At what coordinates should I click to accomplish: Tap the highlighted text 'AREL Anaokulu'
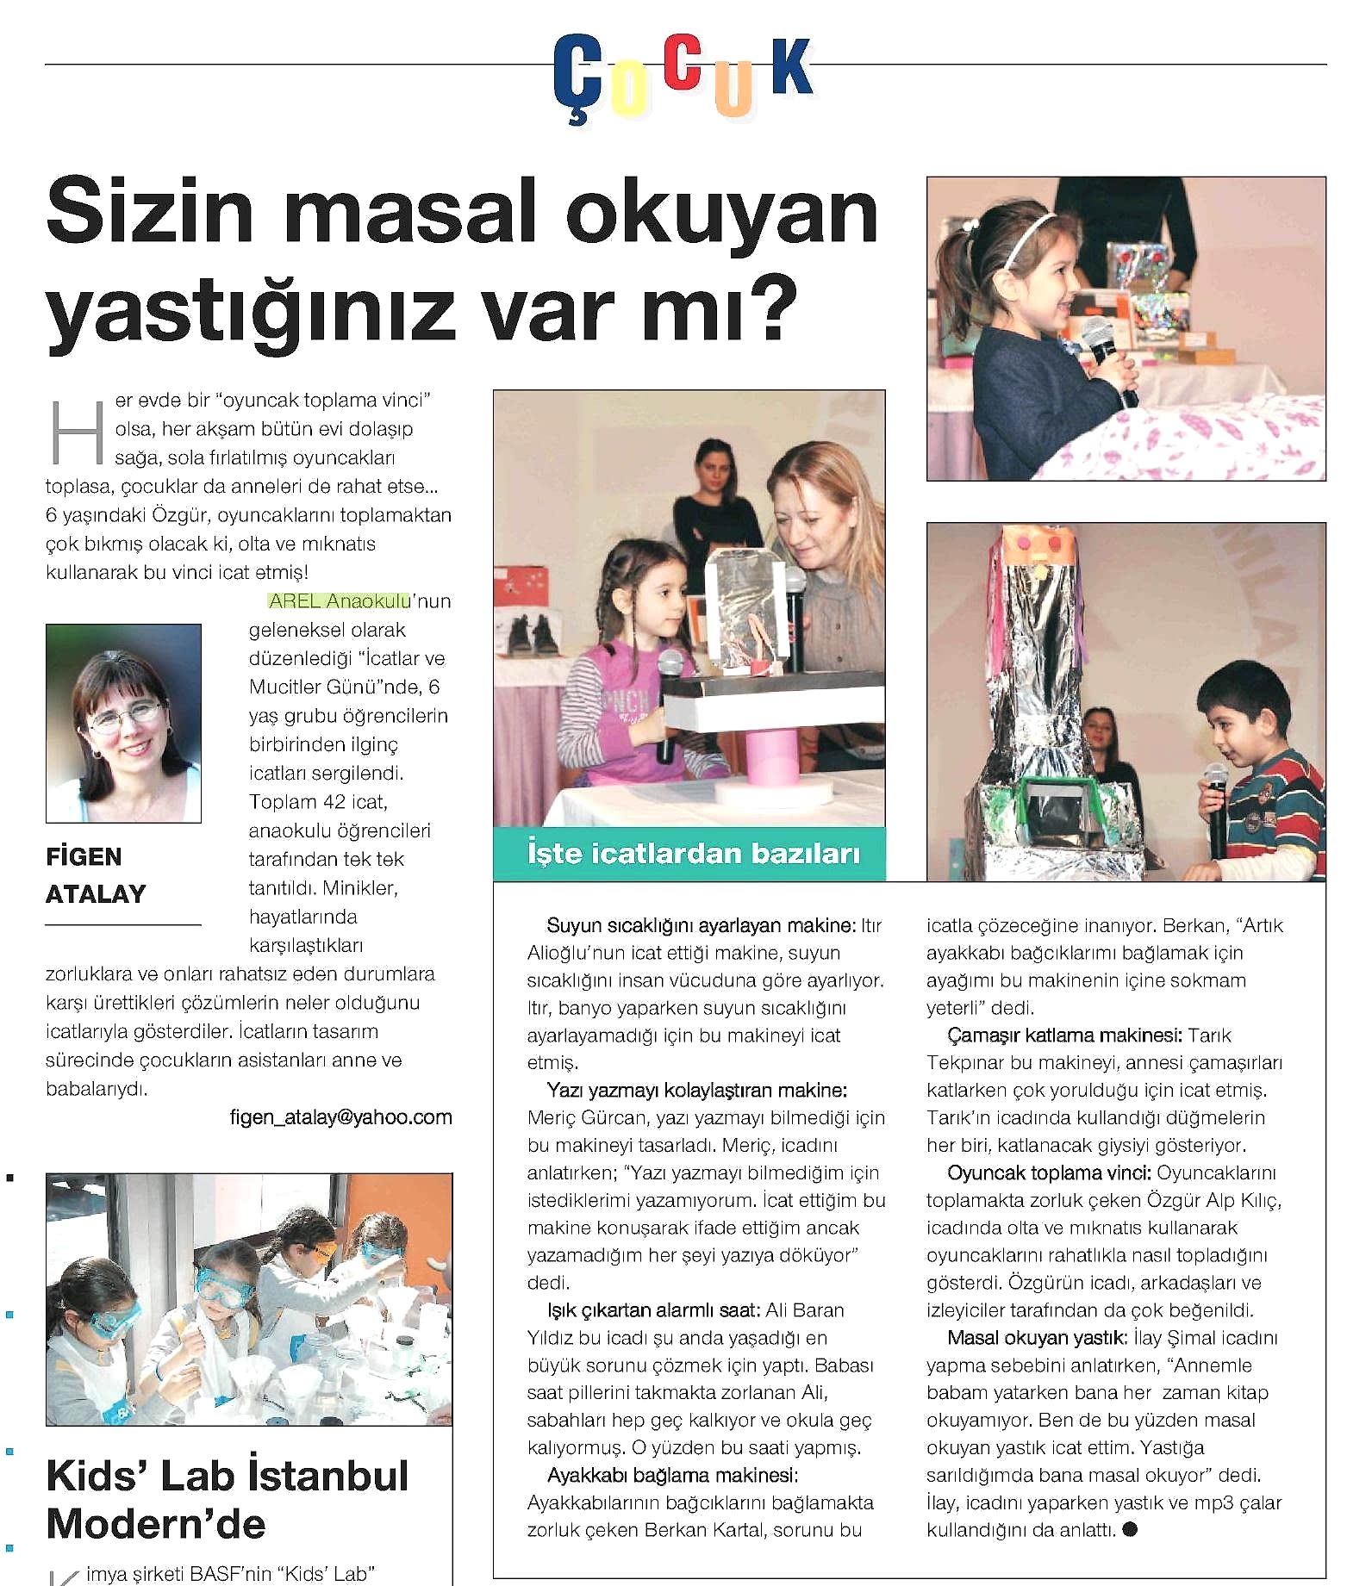click(340, 601)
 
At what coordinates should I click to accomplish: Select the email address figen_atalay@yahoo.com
click(340, 1117)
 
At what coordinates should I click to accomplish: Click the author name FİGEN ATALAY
click(96, 875)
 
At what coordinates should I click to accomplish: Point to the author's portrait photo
click(123, 723)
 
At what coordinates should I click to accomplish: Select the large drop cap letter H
click(78, 432)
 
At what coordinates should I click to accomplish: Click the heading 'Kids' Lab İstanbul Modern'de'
click(228, 1499)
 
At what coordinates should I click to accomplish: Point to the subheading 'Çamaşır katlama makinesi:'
click(1066, 1036)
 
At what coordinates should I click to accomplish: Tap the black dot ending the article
click(1131, 1530)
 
